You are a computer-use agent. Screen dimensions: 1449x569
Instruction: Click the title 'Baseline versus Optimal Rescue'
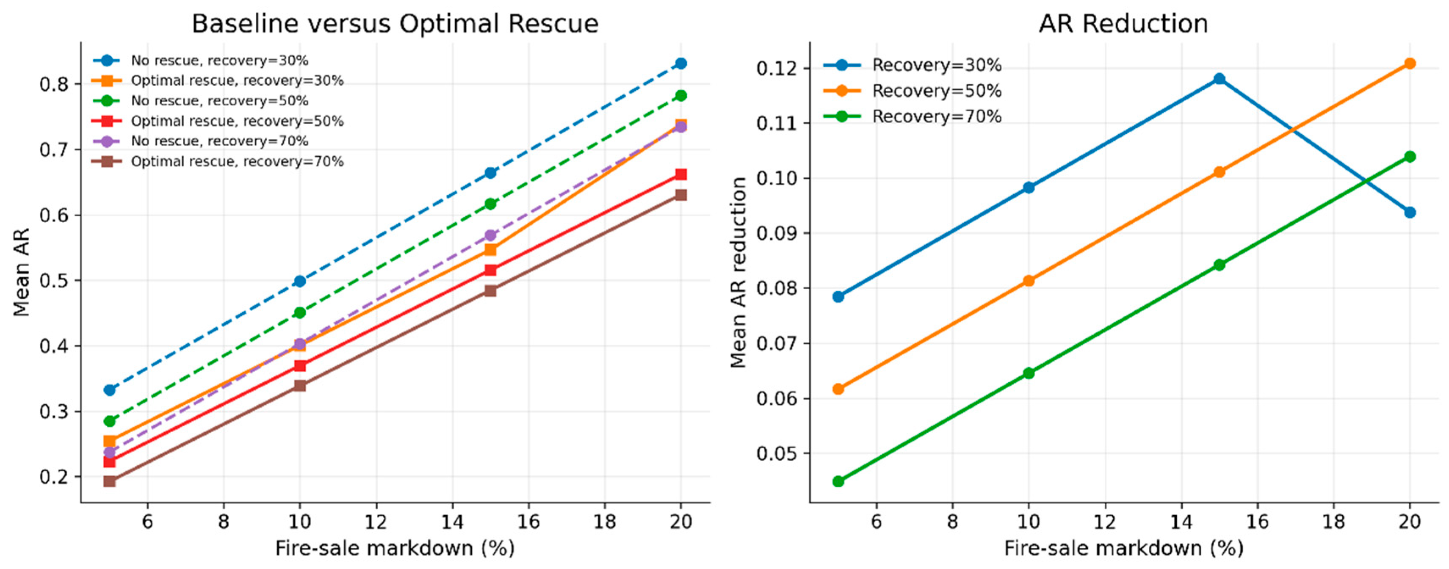pos(395,24)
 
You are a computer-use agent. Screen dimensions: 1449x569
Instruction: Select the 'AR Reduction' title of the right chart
pos(1123,24)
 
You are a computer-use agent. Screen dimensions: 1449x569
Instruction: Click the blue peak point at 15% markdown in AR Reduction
pos(1219,79)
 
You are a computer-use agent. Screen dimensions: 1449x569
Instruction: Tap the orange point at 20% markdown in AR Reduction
pos(1410,64)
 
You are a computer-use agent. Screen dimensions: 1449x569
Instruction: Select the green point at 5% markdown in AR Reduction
pos(838,481)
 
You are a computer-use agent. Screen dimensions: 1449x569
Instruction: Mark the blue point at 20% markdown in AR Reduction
pos(1410,213)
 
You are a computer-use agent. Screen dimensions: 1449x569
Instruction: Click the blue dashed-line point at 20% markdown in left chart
pos(680,64)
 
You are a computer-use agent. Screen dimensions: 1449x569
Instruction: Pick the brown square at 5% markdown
pos(110,481)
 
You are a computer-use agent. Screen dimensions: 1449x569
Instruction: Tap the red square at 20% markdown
pos(680,174)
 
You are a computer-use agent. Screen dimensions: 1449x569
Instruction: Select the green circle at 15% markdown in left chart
pos(490,204)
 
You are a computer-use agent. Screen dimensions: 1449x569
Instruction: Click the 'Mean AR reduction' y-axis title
pos(738,272)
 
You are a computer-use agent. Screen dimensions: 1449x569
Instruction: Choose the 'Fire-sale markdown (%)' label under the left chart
pos(395,548)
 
